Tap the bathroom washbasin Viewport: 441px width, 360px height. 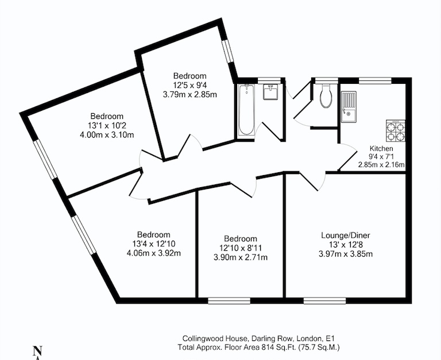271,92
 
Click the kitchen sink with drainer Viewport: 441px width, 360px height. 349,107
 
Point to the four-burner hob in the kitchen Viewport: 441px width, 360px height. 396,130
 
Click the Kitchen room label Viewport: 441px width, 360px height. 381,149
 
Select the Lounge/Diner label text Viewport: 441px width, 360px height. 346,235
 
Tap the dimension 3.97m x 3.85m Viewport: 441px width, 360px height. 346,254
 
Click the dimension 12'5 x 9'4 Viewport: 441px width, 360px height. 190,85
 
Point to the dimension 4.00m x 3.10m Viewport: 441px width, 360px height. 107,135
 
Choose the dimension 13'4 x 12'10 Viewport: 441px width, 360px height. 153,243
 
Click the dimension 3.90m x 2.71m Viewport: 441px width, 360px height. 241,257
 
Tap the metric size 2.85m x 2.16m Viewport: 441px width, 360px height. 381,165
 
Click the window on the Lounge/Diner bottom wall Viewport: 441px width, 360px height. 325,301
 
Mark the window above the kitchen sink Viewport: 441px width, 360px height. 375,80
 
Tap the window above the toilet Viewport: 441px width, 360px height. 326,80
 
